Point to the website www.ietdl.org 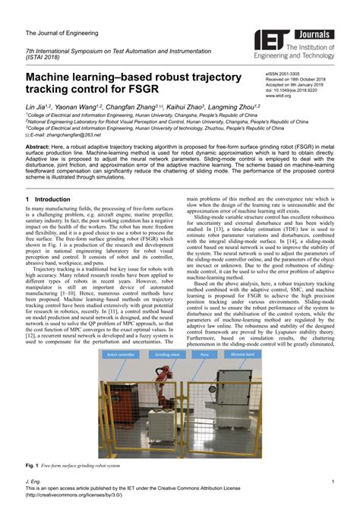(279, 96)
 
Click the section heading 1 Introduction (48, 200)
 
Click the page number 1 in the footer (333, 482)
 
